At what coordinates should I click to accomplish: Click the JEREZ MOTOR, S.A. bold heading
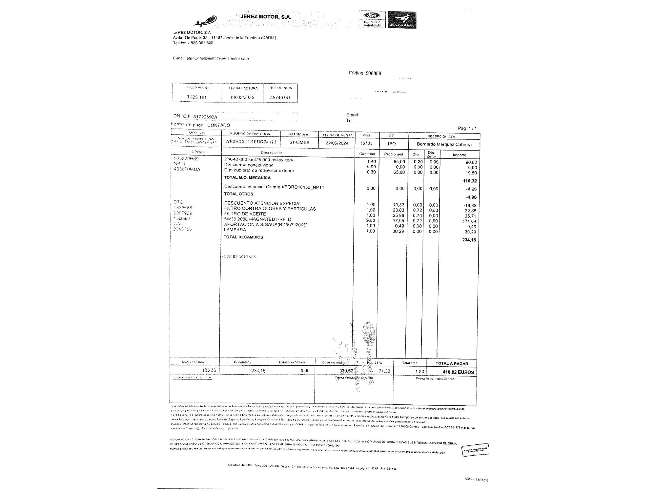coord(266,17)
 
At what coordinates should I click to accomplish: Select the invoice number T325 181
coord(197,97)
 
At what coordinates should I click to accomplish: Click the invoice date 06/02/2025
coord(242,97)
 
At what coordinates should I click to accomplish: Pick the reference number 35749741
coord(280,97)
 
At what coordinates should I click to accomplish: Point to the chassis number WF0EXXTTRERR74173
coord(251,142)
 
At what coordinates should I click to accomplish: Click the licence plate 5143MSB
coord(299,143)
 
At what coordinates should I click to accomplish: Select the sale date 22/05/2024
coord(337,143)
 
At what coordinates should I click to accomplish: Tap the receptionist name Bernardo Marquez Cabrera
coord(444,144)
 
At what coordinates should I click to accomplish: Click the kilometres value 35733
coord(366,143)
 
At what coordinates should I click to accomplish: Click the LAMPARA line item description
coord(235,230)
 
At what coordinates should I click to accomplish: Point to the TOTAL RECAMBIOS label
coord(243,237)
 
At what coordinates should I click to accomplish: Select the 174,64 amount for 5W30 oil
coord(469,221)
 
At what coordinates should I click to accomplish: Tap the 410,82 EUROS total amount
coord(458,372)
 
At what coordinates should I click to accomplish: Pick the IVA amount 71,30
coord(384,371)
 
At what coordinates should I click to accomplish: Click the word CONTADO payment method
coord(219,125)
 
